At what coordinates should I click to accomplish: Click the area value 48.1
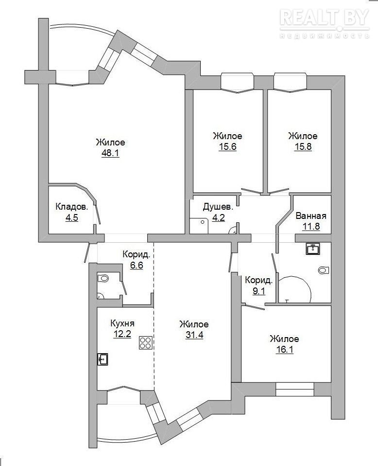click(110, 153)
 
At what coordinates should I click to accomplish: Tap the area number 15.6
click(227, 147)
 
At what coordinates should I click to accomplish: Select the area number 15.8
click(303, 147)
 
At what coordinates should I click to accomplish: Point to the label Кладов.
click(72, 207)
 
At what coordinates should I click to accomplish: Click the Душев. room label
click(218, 207)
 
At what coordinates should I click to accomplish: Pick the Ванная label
click(311, 216)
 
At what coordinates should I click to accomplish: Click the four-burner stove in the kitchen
click(145, 342)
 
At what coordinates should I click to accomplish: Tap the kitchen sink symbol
click(103, 359)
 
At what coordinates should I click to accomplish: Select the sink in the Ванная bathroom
click(313, 249)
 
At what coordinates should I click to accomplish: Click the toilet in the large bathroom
click(324, 270)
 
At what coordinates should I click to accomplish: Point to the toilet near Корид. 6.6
click(103, 278)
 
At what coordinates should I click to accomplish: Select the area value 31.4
click(194, 335)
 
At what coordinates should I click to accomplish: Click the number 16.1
click(284, 350)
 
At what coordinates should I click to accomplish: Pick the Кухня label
click(122, 323)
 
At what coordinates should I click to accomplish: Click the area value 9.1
click(258, 291)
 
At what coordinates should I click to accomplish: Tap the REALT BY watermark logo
click(325, 23)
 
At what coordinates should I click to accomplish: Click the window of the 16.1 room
click(294, 389)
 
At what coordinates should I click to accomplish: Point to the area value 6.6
click(137, 265)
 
